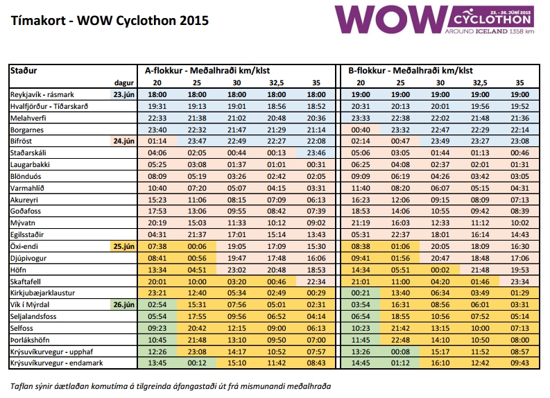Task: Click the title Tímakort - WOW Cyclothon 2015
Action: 110,21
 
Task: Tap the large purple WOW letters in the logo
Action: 390,19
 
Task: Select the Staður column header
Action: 24,71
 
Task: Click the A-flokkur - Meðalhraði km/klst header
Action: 207,71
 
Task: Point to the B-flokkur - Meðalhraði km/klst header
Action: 411,71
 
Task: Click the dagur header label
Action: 124,83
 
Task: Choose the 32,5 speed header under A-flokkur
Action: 277,83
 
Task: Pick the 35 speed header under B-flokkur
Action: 519,83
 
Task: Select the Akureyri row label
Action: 24,200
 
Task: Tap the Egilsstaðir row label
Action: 26,234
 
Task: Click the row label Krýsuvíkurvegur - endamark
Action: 56,363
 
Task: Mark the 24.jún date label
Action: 124,141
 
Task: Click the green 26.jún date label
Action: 124,304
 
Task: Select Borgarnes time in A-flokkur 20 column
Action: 157,130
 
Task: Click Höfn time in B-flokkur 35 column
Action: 519,270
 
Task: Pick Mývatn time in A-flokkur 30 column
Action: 237,223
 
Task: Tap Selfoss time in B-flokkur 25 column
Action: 400,328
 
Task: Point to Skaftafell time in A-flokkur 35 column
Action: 316,282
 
